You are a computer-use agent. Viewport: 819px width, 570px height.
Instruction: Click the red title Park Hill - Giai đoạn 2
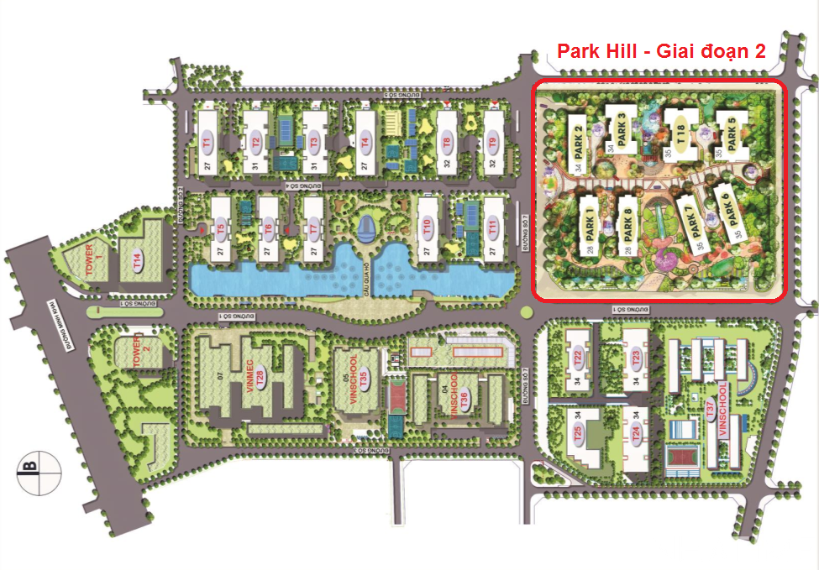click(x=661, y=51)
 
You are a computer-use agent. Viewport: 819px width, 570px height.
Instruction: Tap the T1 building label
click(x=207, y=142)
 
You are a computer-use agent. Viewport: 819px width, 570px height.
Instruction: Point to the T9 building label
click(x=494, y=142)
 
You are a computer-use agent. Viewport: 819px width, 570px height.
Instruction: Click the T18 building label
click(x=681, y=134)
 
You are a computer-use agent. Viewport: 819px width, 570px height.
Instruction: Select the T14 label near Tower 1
click(x=134, y=262)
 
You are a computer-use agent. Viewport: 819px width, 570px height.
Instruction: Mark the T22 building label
click(x=578, y=358)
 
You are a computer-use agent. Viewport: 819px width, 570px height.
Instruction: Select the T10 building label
click(x=428, y=227)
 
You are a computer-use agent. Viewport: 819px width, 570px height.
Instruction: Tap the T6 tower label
click(x=269, y=228)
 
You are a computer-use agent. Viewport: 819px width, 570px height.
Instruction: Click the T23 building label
click(x=636, y=358)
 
